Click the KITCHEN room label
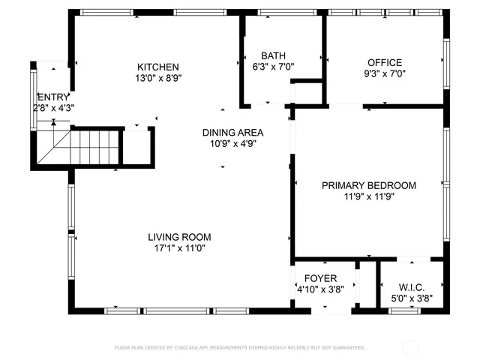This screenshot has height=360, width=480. tap(157, 67)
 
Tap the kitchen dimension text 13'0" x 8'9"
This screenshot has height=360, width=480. tap(157, 77)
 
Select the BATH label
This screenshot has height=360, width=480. tap(273, 56)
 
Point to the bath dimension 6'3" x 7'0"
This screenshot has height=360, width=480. tap(273, 67)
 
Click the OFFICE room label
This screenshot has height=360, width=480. tap(384, 63)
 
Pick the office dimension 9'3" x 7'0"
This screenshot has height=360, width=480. tap(384, 73)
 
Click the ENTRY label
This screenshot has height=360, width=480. tap(52, 97)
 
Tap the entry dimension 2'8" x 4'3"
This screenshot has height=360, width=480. tap(52, 108)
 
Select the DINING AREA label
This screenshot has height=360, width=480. tap(232, 133)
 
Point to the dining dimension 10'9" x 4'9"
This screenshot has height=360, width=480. tap(232, 144)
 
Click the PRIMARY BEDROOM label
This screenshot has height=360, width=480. tap(369, 185)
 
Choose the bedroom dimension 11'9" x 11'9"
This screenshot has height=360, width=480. tap(369, 196)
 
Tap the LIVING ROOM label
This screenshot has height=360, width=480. tap(179, 237)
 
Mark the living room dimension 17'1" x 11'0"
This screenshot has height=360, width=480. tap(179, 248)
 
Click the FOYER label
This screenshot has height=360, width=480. tap(320, 278)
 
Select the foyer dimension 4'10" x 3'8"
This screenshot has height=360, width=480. tap(320, 289)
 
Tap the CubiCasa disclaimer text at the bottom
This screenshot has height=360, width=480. tap(239, 348)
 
